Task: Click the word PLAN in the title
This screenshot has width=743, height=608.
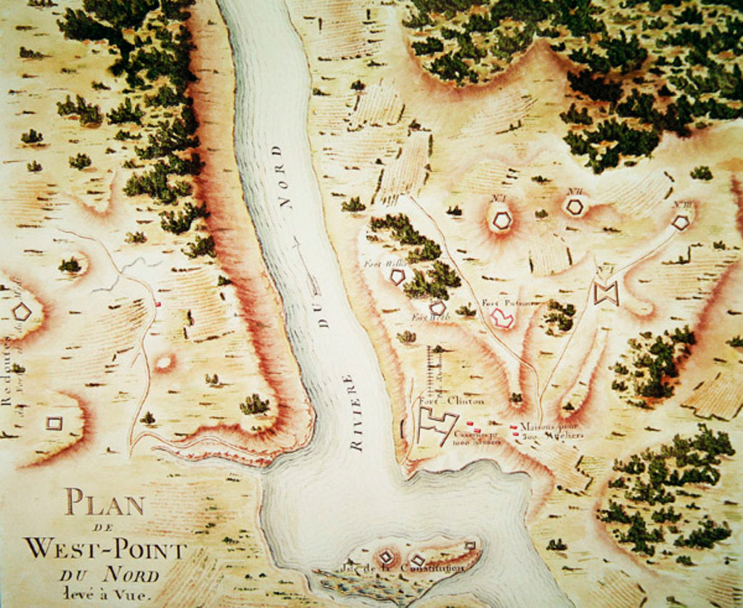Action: tap(104, 502)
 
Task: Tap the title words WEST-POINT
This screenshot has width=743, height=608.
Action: tap(104, 548)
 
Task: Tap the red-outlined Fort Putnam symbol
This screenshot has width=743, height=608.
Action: tap(501, 317)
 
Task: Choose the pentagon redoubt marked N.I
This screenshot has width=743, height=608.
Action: tap(501, 219)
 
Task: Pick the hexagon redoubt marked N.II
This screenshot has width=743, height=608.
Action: tap(575, 207)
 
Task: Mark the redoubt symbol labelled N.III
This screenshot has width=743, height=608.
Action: tap(680, 223)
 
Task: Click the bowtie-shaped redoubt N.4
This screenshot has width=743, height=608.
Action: tap(605, 293)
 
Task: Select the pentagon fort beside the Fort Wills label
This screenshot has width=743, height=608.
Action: tap(397, 276)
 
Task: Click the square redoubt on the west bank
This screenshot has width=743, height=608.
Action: tap(54, 422)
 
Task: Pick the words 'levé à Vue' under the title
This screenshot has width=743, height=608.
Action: tap(106, 595)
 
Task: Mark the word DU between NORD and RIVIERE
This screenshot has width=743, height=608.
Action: tap(323, 316)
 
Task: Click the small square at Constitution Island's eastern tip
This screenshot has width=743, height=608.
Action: tap(469, 545)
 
